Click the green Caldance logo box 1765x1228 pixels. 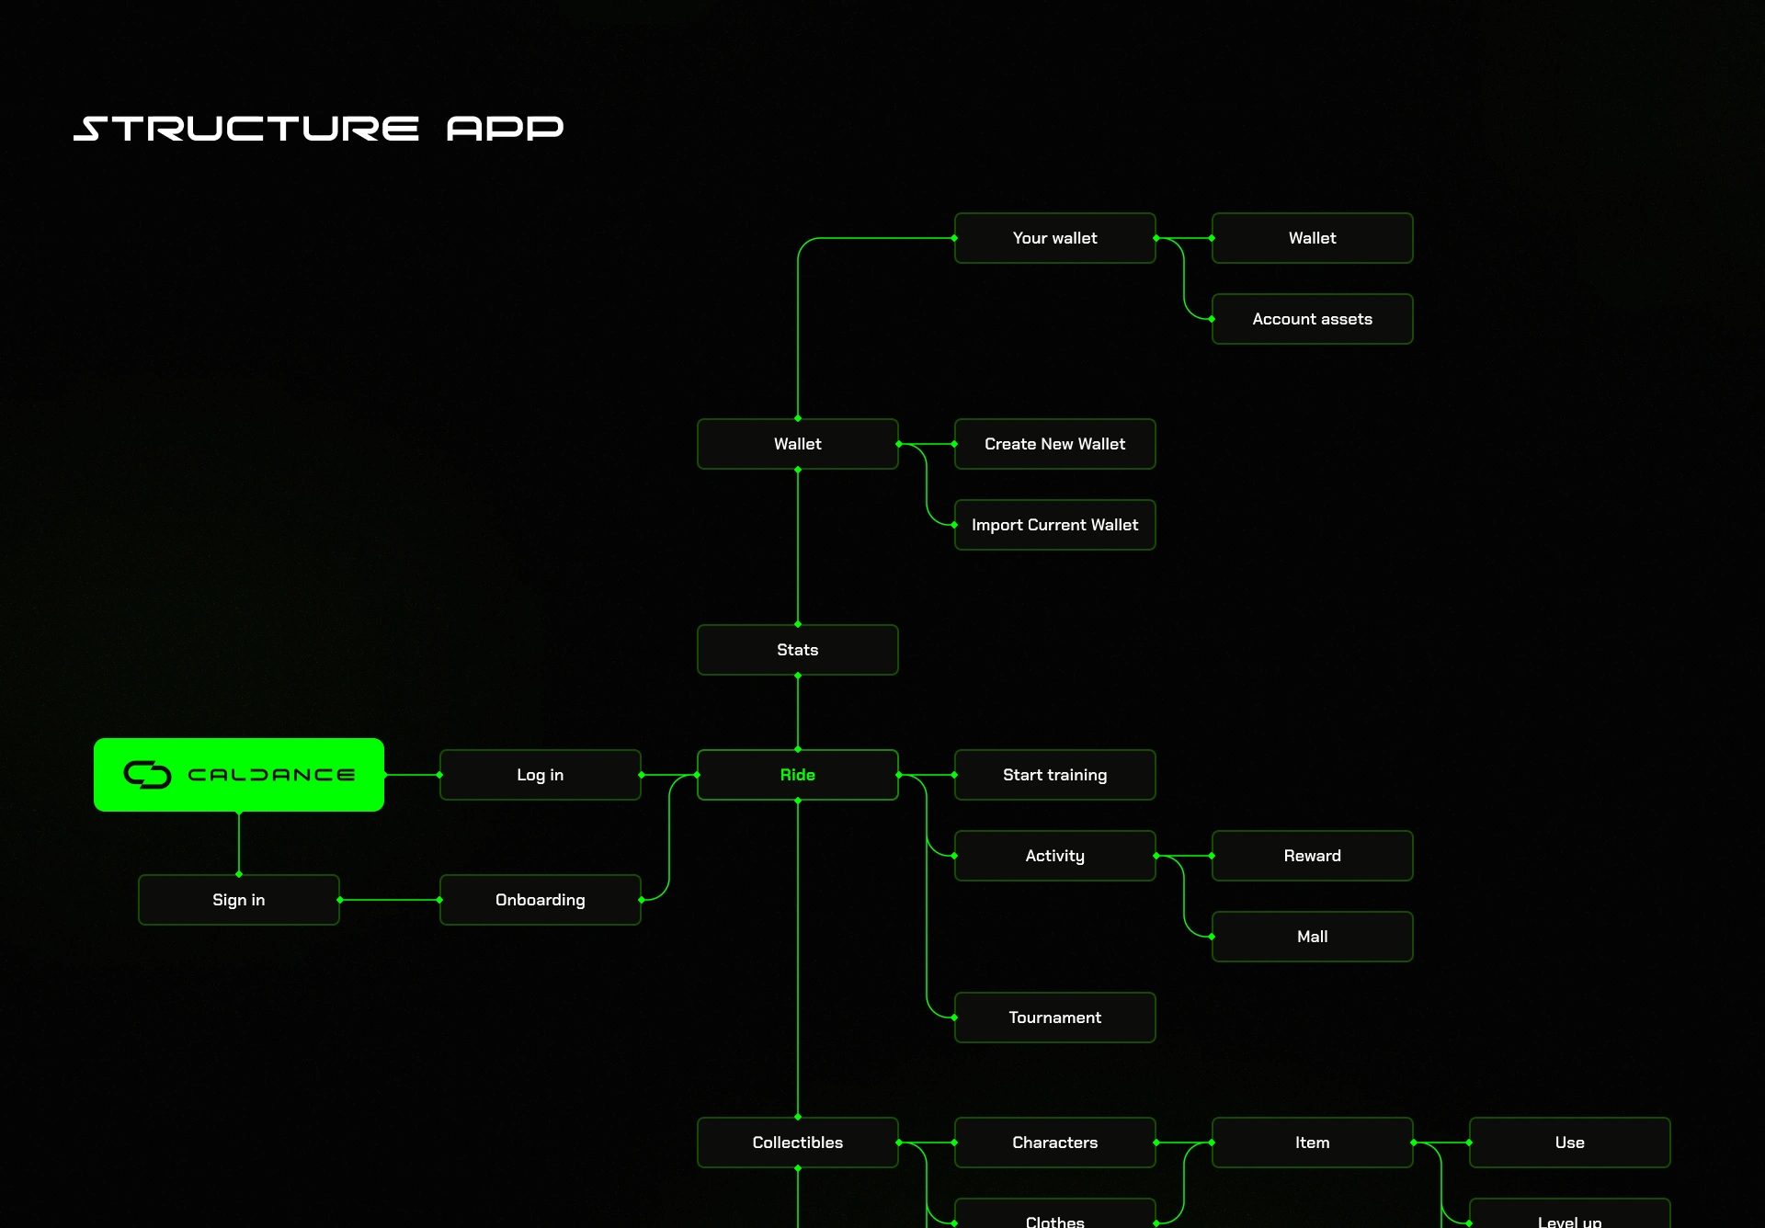click(x=239, y=775)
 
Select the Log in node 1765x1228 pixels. click(x=540, y=775)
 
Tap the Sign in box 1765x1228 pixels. click(x=239, y=900)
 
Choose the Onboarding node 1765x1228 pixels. click(x=540, y=900)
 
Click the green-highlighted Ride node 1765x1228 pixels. click(x=797, y=775)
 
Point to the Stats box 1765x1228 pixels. click(x=797, y=650)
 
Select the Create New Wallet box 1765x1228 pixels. click(x=1054, y=444)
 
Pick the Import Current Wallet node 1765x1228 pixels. click(x=1054, y=525)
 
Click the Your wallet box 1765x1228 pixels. click(x=1054, y=238)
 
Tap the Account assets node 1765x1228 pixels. click(x=1312, y=319)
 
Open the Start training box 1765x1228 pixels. click(x=1054, y=775)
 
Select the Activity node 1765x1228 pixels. click(x=1054, y=856)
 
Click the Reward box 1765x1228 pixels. click(x=1312, y=856)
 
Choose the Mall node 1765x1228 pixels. click(x=1312, y=937)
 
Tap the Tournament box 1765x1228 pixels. click(x=1054, y=1018)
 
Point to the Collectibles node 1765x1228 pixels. click(x=797, y=1143)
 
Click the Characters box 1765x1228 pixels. click(x=1054, y=1143)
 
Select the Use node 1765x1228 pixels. click(x=1569, y=1143)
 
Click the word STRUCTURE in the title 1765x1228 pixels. click(x=246, y=129)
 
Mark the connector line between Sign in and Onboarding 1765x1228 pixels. click(x=390, y=900)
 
